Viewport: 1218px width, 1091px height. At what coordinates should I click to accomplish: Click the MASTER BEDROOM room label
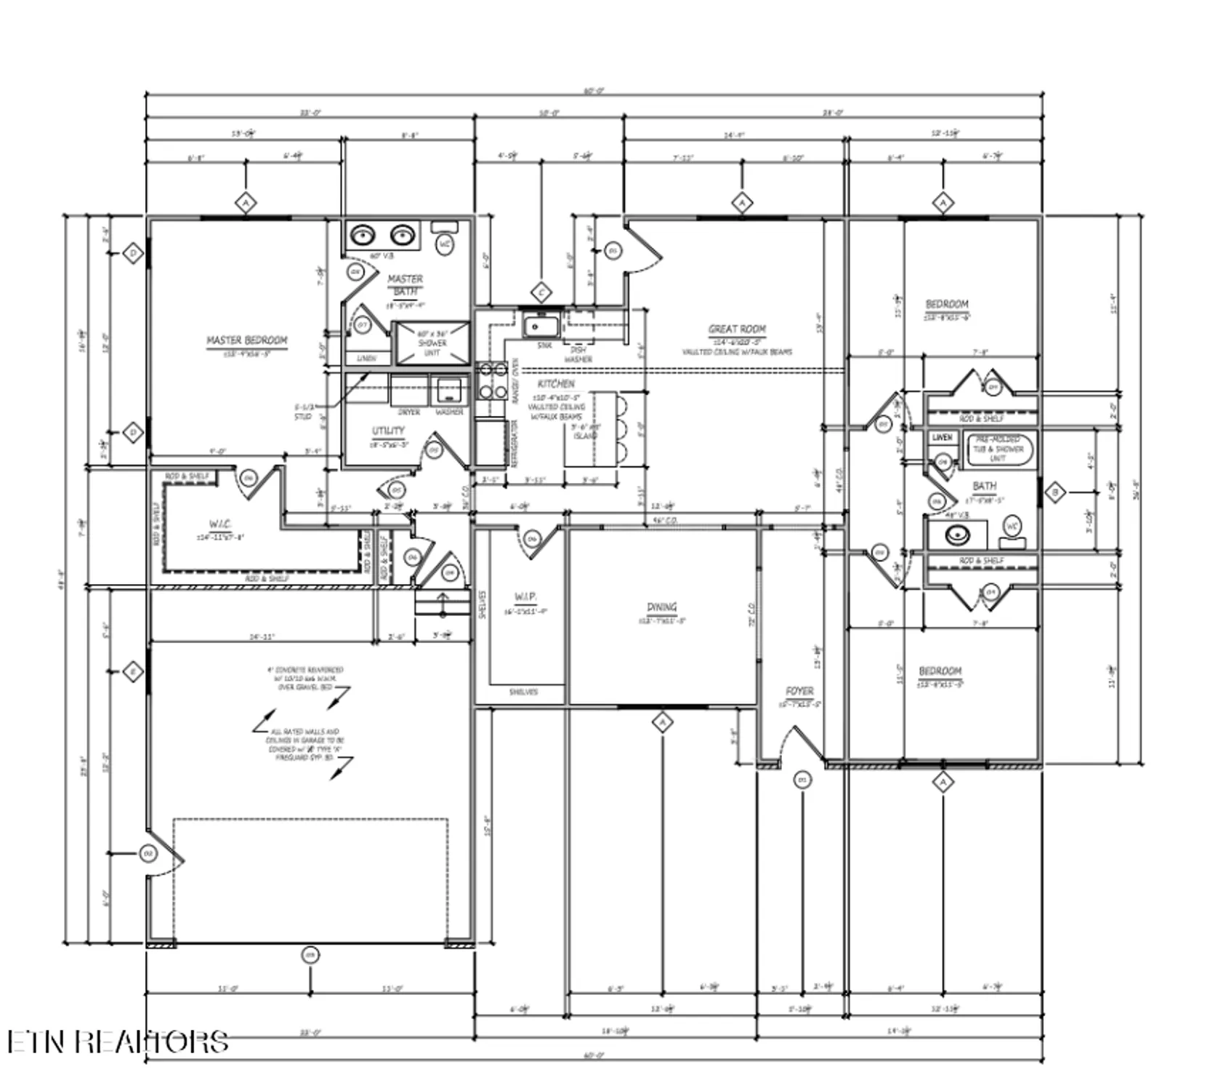click(246, 340)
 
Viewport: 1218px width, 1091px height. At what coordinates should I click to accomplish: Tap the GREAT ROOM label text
click(737, 329)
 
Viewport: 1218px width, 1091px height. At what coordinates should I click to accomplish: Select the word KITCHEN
click(556, 383)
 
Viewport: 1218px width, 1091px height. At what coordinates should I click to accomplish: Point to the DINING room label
click(661, 607)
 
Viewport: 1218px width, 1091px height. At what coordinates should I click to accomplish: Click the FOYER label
click(799, 692)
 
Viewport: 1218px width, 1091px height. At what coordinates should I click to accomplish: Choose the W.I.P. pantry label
click(525, 597)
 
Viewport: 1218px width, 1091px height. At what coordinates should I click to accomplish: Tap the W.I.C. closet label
click(219, 524)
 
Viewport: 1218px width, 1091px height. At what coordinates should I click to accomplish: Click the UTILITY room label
click(388, 431)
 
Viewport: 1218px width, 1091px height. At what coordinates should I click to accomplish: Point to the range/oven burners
click(493, 381)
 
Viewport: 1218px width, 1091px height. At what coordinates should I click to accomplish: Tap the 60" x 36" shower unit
click(432, 343)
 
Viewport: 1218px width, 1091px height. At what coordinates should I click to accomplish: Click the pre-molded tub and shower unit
click(999, 449)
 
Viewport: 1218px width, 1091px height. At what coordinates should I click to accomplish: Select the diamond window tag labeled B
click(1055, 493)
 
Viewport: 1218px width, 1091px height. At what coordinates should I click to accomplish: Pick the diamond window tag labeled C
click(541, 293)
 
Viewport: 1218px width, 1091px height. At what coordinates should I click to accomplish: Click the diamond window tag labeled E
click(132, 672)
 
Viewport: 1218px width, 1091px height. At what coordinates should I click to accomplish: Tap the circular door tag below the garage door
click(310, 955)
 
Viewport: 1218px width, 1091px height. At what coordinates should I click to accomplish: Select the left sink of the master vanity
click(363, 236)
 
